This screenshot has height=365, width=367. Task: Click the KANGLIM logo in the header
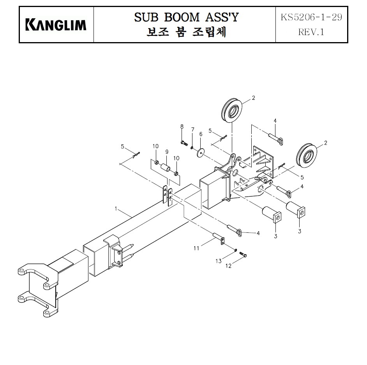(x=56, y=25)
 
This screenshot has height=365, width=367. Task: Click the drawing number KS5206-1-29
(x=311, y=17)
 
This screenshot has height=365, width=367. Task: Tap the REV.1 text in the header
(x=311, y=32)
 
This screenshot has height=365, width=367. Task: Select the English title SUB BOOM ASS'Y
(x=186, y=17)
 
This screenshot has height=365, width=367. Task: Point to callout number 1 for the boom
(x=116, y=208)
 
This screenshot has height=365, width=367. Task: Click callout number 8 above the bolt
(x=182, y=126)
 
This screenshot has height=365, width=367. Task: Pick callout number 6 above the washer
(x=201, y=134)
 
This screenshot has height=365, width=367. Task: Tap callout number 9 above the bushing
(x=167, y=152)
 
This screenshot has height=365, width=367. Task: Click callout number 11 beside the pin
(x=196, y=248)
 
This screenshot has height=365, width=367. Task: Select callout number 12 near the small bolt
(x=228, y=266)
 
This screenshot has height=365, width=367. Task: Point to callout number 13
(x=219, y=261)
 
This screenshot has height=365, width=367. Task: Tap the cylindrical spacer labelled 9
(x=166, y=168)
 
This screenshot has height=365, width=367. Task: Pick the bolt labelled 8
(x=184, y=143)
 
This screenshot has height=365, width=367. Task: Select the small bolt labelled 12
(x=243, y=254)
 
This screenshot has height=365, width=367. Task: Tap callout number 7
(x=192, y=129)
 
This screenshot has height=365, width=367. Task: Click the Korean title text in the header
(x=186, y=32)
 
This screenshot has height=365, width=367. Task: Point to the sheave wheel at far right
(x=306, y=155)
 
